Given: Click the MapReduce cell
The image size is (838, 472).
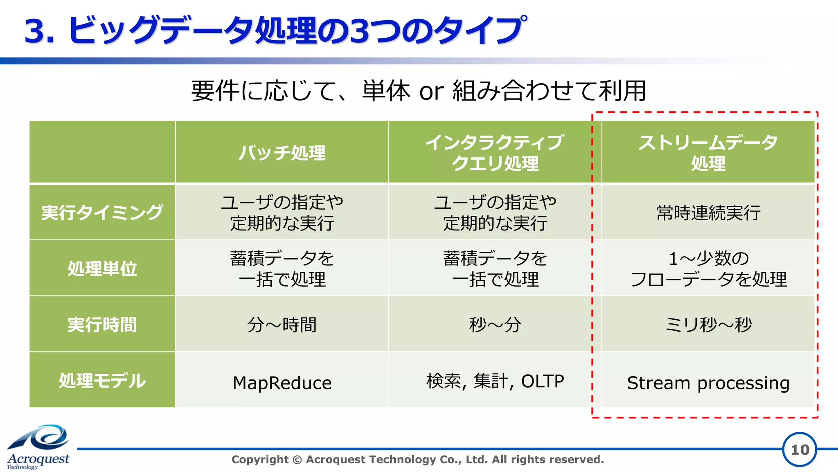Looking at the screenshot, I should pyautogui.click(x=282, y=383).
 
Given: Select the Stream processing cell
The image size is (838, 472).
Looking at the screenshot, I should pyautogui.click(x=708, y=383).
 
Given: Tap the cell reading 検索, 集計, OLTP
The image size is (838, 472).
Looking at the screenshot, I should pyautogui.click(x=495, y=381).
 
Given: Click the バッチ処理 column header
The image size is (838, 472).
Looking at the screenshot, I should pyautogui.click(x=282, y=153).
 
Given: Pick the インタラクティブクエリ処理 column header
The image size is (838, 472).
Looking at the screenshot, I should pyautogui.click(x=495, y=153).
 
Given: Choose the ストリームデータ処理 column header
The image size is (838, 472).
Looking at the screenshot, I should pyautogui.click(x=708, y=153).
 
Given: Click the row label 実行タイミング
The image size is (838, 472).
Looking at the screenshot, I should pyautogui.click(x=102, y=212).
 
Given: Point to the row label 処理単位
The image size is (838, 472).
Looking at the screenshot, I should pyautogui.click(x=102, y=269).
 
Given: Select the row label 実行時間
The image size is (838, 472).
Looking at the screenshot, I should pyautogui.click(x=102, y=325).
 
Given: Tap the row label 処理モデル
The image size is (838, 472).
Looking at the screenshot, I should pyautogui.click(x=102, y=381).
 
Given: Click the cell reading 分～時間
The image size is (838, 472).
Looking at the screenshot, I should pyautogui.click(x=282, y=325).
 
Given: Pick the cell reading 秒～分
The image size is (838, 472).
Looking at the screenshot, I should pyautogui.click(x=495, y=325).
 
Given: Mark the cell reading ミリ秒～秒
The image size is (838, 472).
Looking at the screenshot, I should pyautogui.click(x=708, y=325).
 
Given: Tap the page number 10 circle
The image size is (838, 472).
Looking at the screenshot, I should pyautogui.click(x=800, y=449).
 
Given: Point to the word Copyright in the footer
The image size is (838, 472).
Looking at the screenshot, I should pyautogui.click(x=260, y=459).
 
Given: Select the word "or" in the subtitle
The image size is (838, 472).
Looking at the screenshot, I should pyautogui.click(x=431, y=91).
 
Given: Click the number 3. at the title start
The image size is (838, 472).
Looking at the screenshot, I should pyautogui.click(x=39, y=31).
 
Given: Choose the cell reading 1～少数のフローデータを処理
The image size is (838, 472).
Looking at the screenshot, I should pyautogui.click(x=708, y=269).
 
